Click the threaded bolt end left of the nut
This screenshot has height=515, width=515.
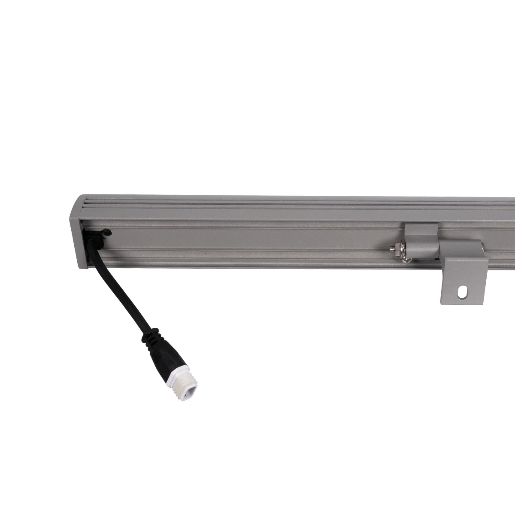click(x=391, y=248)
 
